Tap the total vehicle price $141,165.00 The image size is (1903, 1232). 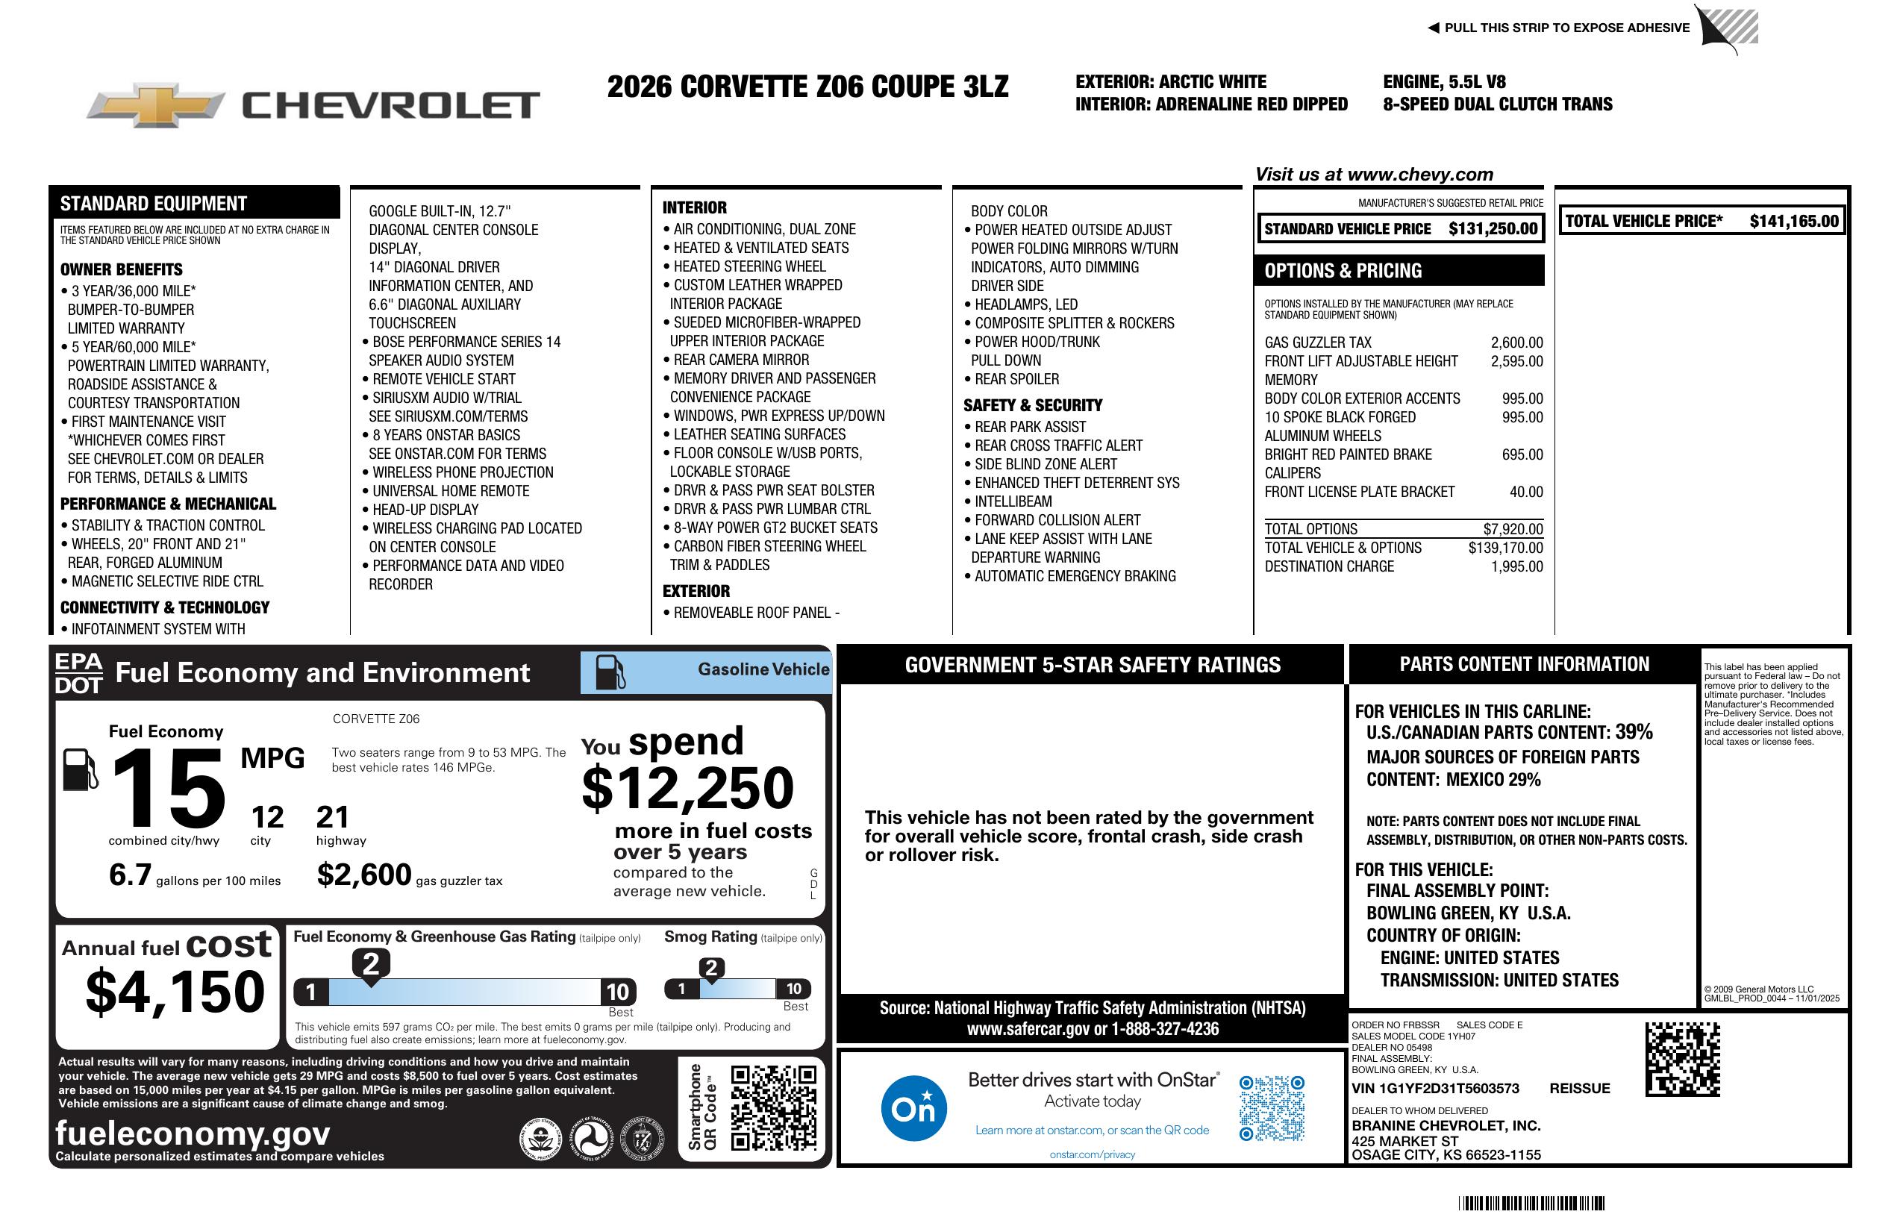pos(1793,222)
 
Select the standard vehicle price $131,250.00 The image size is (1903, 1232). pos(1492,229)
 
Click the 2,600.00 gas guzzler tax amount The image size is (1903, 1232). pos(1516,343)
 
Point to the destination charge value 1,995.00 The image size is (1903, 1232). pos(1516,567)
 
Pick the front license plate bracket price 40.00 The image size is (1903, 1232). pos(1525,493)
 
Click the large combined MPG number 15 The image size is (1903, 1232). pos(168,789)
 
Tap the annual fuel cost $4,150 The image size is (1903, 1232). pos(175,992)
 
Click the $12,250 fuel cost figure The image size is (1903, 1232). pos(687,788)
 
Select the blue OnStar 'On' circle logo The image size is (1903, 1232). pos(913,1108)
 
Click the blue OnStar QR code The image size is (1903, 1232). pos(1272,1108)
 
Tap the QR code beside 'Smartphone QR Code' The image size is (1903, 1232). pos(773,1107)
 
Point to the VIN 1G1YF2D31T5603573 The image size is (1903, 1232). pos(1434,1089)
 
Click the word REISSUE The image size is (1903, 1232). pos(1579,1089)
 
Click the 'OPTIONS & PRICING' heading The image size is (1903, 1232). pos(1343,271)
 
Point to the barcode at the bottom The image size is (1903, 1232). pos(1531,1203)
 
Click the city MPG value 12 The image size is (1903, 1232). pos(267,817)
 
